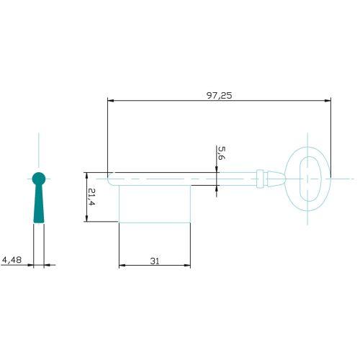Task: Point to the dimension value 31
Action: click(x=154, y=261)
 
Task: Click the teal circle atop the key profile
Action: click(x=39, y=178)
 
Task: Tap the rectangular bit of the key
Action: click(x=154, y=203)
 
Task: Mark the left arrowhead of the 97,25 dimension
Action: click(x=110, y=100)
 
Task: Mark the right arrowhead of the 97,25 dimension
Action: click(x=328, y=100)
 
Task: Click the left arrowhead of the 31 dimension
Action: click(x=121, y=266)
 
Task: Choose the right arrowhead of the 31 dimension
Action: click(x=188, y=266)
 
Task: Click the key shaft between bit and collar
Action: click(x=223, y=178)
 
